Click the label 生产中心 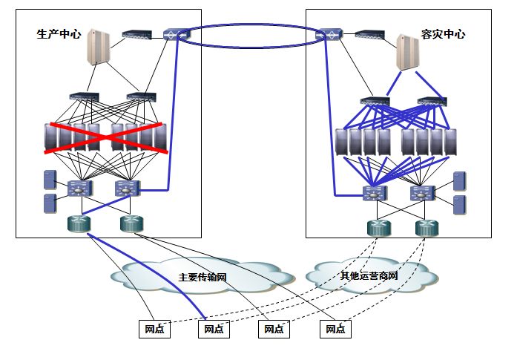[59, 34]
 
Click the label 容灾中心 [443, 34]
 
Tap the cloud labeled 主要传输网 [202, 276]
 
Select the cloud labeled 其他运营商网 [371, 275]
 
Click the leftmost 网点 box [154, 329]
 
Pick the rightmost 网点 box [335, 329]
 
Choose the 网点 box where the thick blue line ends [214, 329]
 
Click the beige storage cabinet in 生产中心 [98, 47]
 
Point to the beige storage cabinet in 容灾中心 [407, 52]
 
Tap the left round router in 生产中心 [79, 224]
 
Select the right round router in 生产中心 [131, 224]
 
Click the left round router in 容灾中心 [379, 228]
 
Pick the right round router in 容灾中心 [427, 228]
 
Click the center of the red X [106, 138]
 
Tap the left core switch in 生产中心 [80, 189]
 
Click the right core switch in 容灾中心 [422, 193]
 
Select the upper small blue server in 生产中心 [50, 180]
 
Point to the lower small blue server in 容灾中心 [460, 205]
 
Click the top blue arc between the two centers [252, 24]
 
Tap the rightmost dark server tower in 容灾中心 [450, 143]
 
